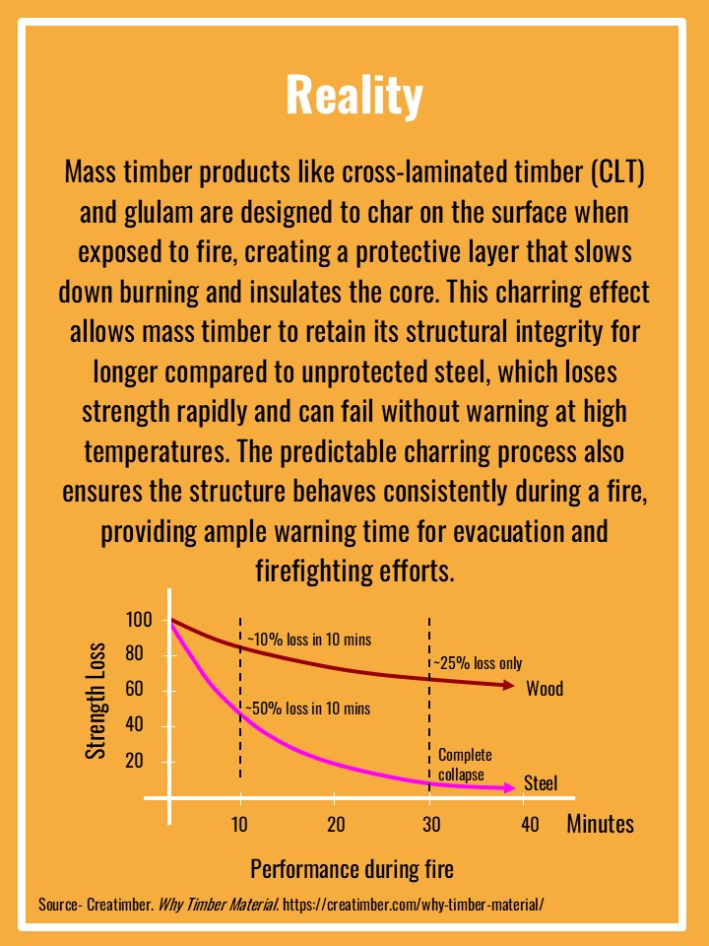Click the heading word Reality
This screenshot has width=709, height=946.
tap(354, 96)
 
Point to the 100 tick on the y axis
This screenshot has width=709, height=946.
tap(140, 620)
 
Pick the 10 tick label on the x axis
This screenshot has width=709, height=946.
tap(239, 824)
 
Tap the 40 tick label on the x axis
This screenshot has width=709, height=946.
tap(530, 824)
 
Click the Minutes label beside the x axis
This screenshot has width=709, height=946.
tap(600, 824)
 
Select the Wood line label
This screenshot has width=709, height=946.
tap(545, 688)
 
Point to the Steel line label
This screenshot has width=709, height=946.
tap(541, 783)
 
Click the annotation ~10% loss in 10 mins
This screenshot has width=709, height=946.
tap(308, 640)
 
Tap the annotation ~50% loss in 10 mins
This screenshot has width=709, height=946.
tap(308, 709)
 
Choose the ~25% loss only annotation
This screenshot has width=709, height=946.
tap(479, 663)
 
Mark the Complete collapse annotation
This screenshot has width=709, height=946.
tap(464, 765)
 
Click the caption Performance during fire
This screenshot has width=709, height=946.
tap(352, 869)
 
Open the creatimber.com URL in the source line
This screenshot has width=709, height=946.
tap(413, 904)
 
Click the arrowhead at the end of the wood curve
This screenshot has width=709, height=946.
tap(513, 686)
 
